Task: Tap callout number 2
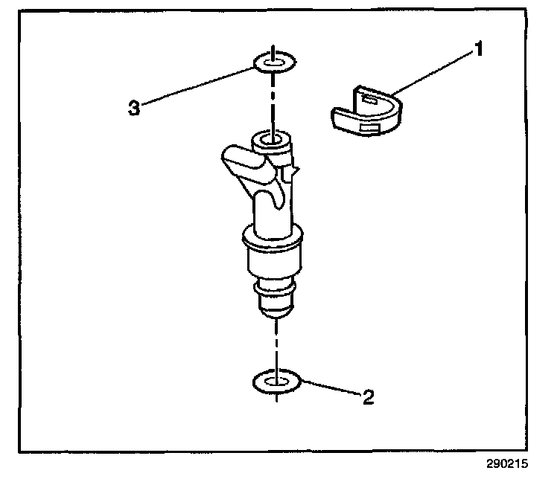pos(366,398)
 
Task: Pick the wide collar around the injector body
pos(273,239)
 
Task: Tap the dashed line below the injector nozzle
pos(276,342)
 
